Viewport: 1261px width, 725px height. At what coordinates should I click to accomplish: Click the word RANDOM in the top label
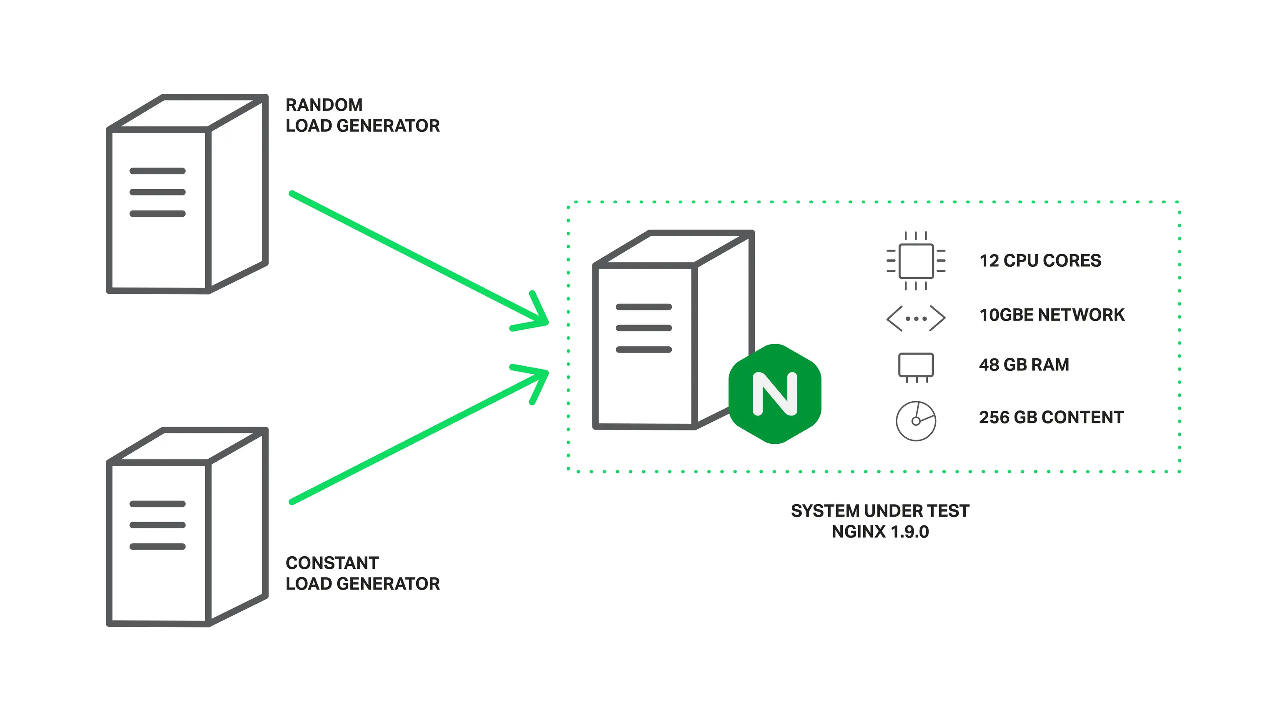tap(324, 105)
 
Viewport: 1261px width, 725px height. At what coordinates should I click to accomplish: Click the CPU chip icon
tap(916, 260)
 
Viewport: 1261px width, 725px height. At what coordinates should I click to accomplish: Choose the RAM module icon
tap(916, 366)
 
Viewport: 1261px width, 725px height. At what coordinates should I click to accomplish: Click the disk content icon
tap(916, 421)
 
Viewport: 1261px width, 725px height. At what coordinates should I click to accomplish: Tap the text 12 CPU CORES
tap(1040, 260)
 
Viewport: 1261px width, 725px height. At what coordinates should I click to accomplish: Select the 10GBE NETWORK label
tap(1052, 315)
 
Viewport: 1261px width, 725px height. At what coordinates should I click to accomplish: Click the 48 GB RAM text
tap(1024, 365)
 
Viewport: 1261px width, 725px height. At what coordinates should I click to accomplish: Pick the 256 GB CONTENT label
tap(1051, 417)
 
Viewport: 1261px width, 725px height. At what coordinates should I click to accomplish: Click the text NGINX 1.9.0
tap(880, 532)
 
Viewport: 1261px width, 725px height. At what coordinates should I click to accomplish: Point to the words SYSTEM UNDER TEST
tap(880, 510)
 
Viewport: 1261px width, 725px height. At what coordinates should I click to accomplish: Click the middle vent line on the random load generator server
tap(158, 192)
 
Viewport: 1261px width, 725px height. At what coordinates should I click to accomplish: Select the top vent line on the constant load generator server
tap(158, 504)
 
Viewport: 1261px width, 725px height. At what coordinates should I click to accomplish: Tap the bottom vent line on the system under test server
tap(644, 350)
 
